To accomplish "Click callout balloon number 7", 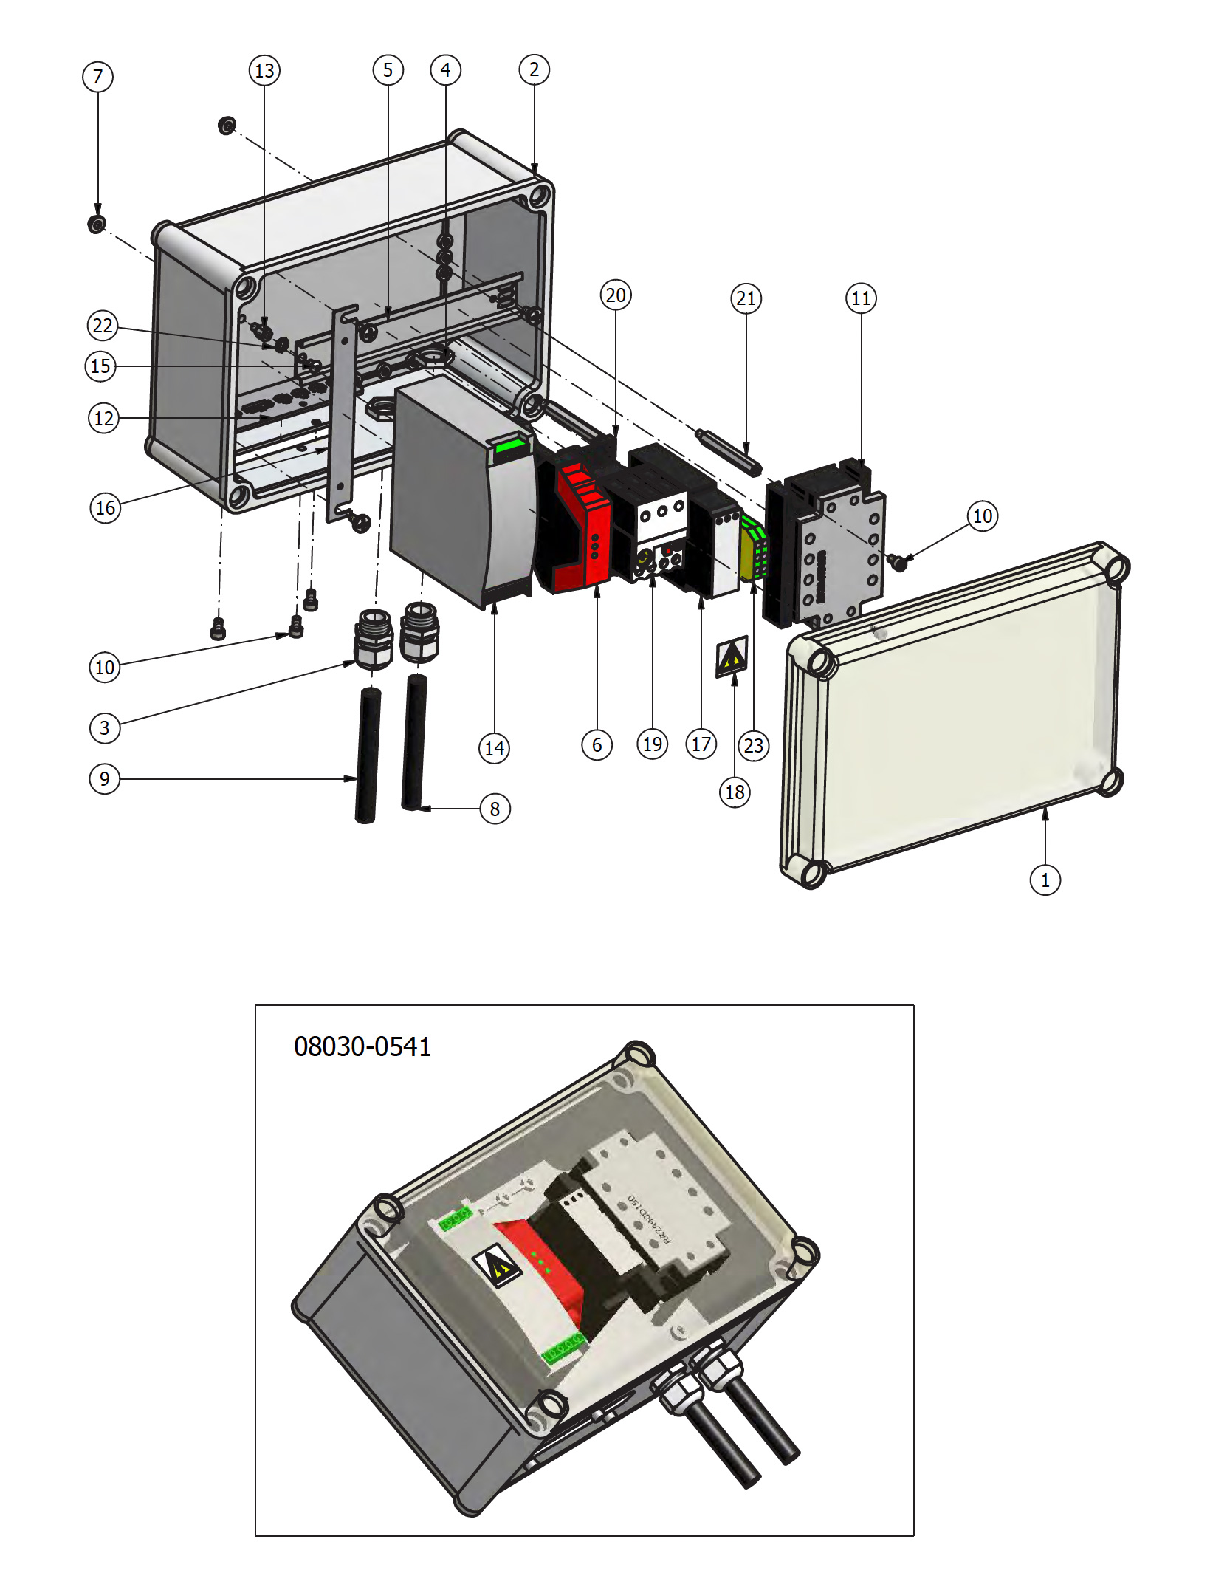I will pos(97,77).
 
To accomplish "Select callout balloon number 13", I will pos(264,71).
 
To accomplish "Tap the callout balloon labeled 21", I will pos(746,298).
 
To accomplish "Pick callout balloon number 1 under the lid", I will pos(1045,880).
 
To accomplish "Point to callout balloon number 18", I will pos(735,792).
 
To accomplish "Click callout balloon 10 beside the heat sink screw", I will pos(982,515).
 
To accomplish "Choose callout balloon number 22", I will pos(103,326).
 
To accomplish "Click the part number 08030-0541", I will pos(362,1046).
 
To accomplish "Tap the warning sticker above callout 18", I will pos(732,656).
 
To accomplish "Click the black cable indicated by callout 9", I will pos(368,753).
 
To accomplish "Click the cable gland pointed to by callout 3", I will pos(374,640).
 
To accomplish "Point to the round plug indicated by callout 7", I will pos(97,223).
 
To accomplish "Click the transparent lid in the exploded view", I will pos(960,709).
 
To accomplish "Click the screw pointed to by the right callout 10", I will pos(898,562).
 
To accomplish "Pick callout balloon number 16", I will pos(106,507).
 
